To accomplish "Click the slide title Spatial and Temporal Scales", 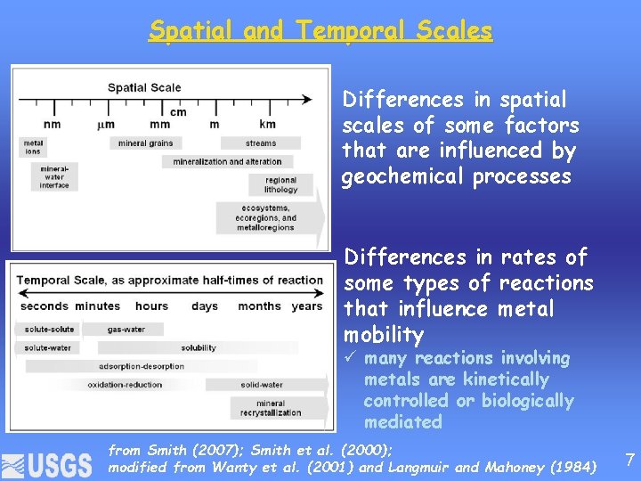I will click(320, 30).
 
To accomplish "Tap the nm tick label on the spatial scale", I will click(52, 124).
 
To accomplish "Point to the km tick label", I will click(267, 124).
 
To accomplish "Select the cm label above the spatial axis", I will click(178, 111).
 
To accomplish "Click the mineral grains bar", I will click(145, 143).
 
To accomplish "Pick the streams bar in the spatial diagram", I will click(261, 143).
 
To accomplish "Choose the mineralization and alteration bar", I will click(227, 162).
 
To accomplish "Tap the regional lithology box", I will click(281, 184).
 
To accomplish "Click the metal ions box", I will click(33, 146).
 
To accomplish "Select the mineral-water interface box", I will click(54, 176).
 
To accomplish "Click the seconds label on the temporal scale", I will click(44, 306).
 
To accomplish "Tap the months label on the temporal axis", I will click(259, 306).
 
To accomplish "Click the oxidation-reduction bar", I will click(125, 385).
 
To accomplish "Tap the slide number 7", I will click(629, 460).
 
